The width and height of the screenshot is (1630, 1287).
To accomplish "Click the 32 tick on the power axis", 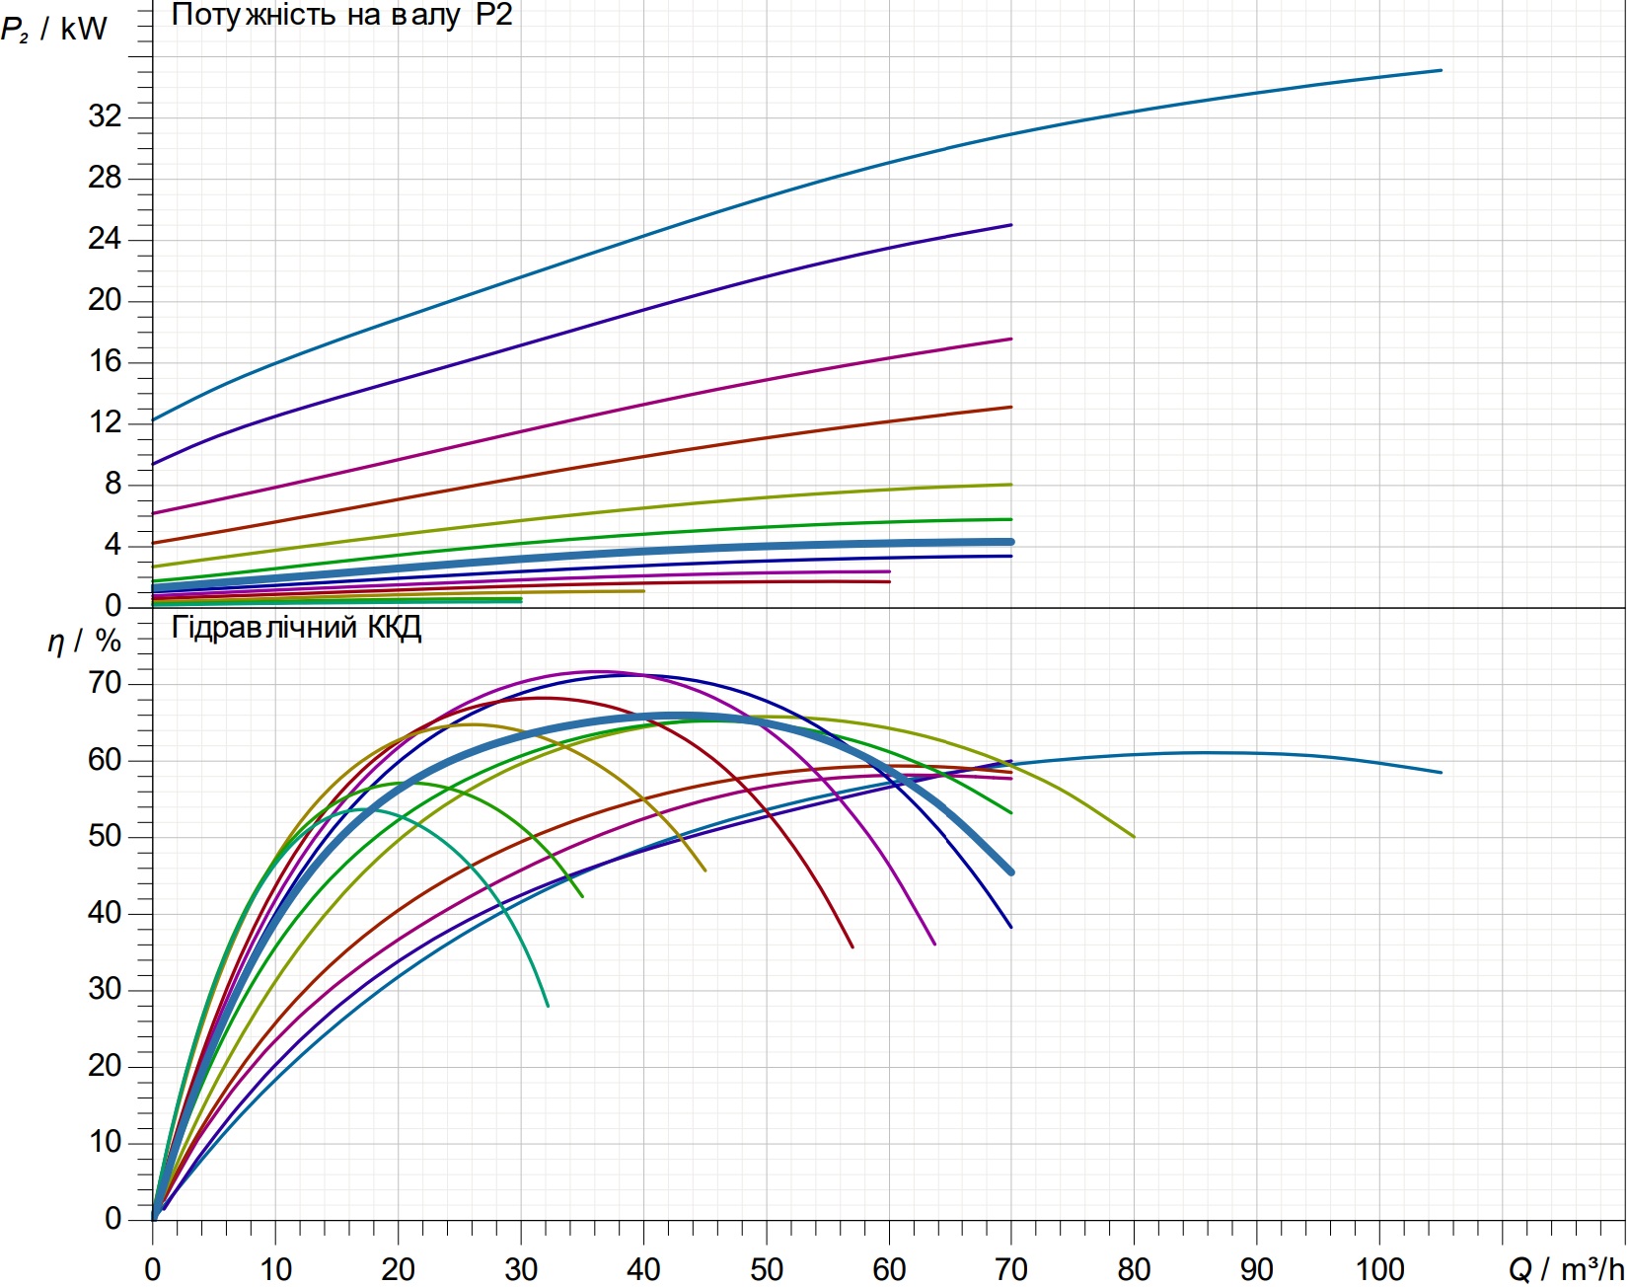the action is point(105,116).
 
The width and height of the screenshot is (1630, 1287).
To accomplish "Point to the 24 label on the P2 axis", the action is point(105,239).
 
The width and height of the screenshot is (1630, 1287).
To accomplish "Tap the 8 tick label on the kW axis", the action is point(113,484).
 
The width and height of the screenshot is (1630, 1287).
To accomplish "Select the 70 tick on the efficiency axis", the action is point(105,683).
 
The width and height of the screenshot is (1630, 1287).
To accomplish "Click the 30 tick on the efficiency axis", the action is point(105,989).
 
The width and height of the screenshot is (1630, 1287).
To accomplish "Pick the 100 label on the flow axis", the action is point(1379,1269).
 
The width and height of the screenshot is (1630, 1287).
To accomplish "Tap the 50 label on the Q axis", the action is point(767,1269).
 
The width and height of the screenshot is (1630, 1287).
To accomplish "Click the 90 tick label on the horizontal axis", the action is point(1257,1269).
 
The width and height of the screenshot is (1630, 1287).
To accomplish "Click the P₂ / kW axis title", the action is point(53,29).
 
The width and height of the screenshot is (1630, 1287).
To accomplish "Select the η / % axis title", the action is point(84,642).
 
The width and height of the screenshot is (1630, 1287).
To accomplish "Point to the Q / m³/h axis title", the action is point(1566,1269).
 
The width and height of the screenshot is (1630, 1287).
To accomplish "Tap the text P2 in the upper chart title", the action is point(494,15).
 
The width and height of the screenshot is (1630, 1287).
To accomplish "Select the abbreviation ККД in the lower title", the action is point(395,628).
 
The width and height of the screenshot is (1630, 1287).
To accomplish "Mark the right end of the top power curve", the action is point(1441,70).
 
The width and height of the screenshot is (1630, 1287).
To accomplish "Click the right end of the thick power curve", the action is point(1010,542).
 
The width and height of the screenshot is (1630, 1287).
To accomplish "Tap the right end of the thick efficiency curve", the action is point(1010,871).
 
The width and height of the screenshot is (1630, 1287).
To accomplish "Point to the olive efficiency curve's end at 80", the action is point(1134,837).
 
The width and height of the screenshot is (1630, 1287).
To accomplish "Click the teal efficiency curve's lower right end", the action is point(548,1006).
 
